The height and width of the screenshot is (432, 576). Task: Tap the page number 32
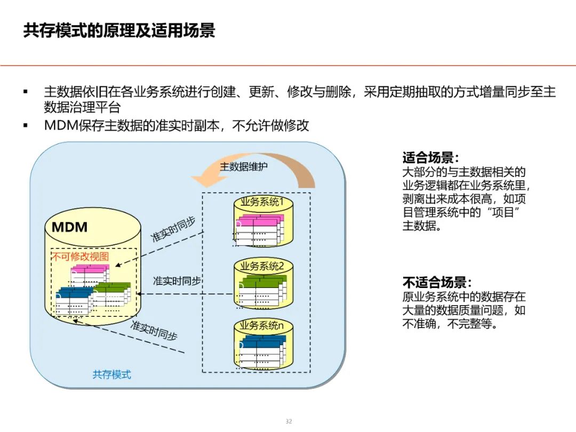click(x=289, y=421)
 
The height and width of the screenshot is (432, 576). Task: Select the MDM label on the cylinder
click(x=69, y=227)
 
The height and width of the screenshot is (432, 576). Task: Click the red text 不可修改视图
click(x=79, y=257)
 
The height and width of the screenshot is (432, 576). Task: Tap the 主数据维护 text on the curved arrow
click(x=244, y=166)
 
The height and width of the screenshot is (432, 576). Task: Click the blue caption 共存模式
click(x=111, y=374)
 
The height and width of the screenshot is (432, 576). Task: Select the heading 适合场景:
click(x=430, y=158)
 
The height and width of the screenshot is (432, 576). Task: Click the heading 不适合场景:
click(x=437, y=283)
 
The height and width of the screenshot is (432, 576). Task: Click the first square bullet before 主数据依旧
click(x=25, y=92)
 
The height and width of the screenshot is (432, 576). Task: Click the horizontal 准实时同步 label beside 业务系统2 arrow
click(x=177, y=281)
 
